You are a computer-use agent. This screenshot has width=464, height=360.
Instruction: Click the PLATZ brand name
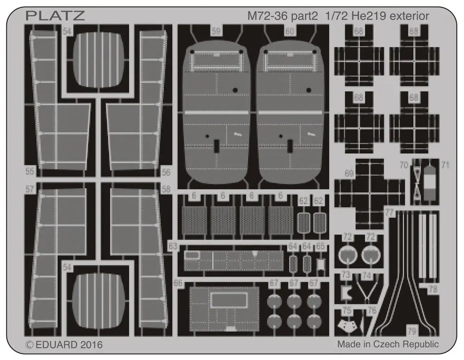(55, 16)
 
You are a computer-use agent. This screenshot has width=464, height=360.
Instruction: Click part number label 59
(216, 31)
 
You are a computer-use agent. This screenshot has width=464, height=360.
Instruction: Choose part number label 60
(290, 31)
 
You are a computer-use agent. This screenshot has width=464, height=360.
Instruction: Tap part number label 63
(173, 246)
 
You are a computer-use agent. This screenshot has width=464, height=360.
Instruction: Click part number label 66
(178, 283)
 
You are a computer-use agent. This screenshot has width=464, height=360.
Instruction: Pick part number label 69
(349, 174)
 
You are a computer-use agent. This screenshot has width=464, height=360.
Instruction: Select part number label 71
(445, 165)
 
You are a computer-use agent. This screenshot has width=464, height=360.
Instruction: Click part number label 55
(30, 171)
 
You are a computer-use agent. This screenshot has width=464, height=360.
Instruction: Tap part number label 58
(166, 188)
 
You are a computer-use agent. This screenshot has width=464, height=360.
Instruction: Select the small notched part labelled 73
(345, 292)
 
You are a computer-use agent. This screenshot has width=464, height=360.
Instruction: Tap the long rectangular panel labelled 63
(233, 261)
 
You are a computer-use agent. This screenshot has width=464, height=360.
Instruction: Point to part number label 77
(389, 212)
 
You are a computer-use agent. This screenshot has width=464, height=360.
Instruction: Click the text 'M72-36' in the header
(267, 16)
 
